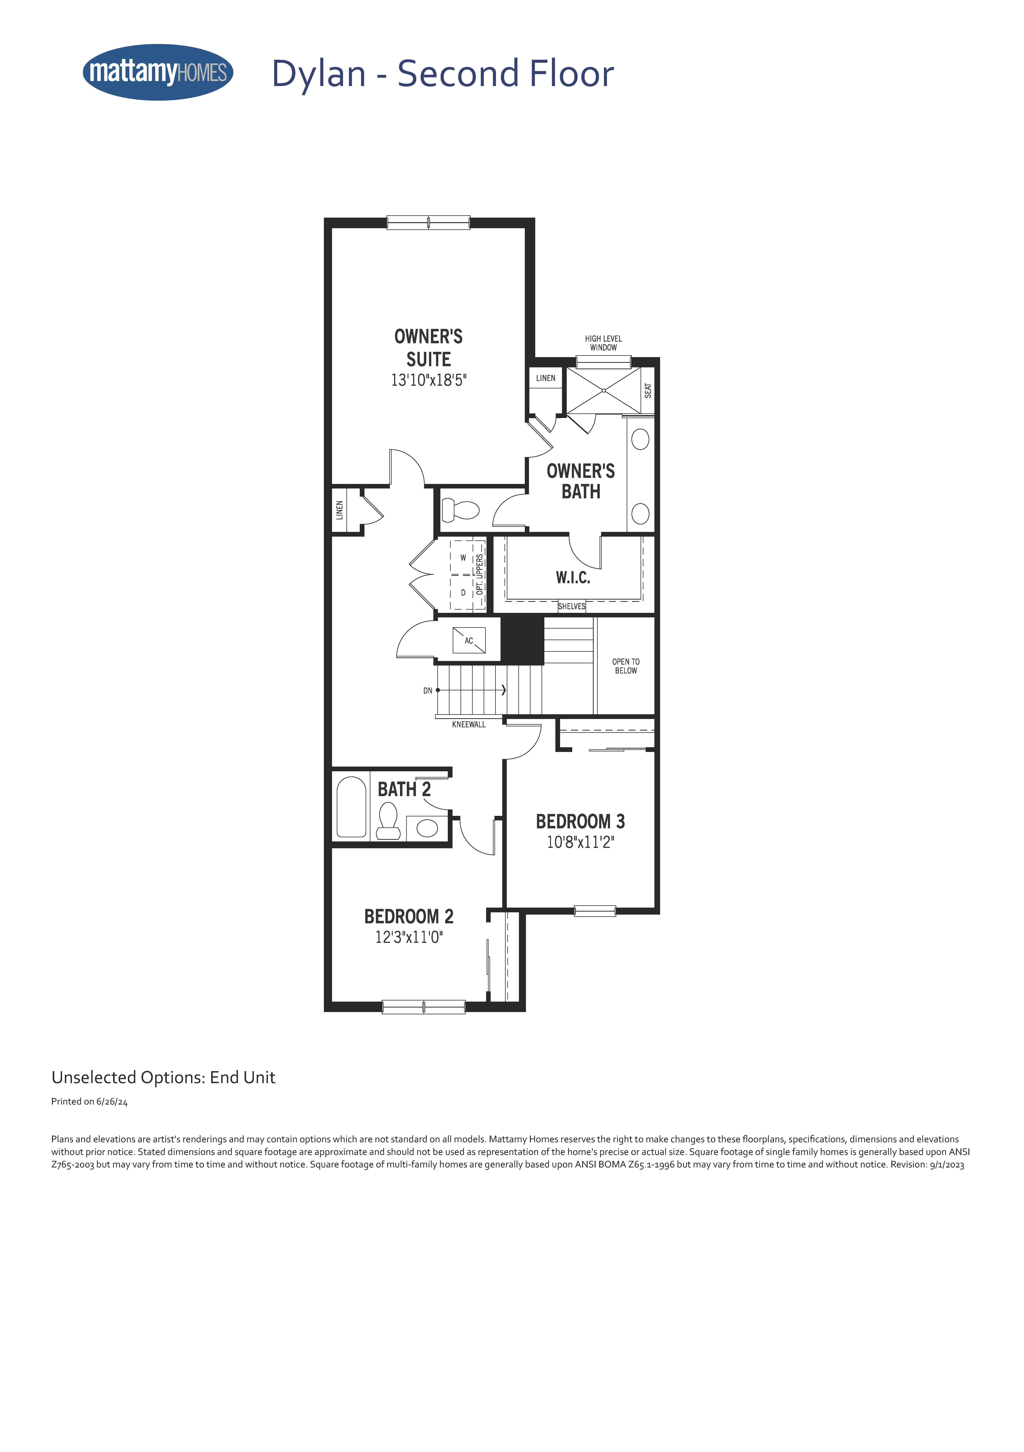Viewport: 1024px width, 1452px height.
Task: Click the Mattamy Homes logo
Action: [x=158, y=72]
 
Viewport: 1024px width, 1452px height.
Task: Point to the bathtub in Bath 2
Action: [x=351, y=807]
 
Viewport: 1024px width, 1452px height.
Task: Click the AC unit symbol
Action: [x=469, y=640]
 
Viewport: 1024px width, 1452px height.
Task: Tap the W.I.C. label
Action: [x=573, y=577]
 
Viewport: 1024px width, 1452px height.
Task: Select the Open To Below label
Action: [x=626, y=666]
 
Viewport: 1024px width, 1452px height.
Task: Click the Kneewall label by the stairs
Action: [x=469, y=724]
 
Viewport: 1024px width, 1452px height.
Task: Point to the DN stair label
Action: [x=428, y=691]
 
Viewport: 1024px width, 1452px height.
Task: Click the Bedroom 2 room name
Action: [x=409, y=916]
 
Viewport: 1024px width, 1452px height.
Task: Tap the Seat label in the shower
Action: [x=648, y=390]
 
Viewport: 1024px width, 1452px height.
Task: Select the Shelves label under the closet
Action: [x=571, y=606]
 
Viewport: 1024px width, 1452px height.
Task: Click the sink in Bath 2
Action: [x=427, y=828]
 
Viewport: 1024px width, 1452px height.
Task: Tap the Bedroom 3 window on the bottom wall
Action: [x=595, y=911]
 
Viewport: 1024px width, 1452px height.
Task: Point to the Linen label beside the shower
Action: [x=545, y=378]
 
